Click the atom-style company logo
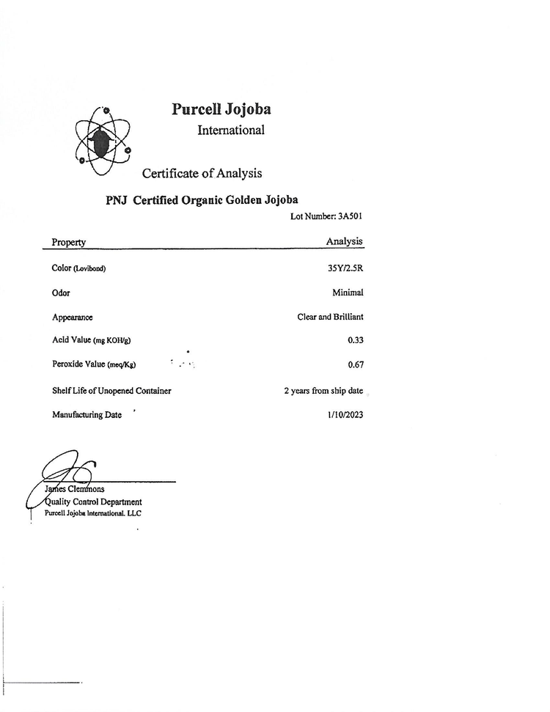tap(103, 141)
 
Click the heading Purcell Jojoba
tap(221, 109)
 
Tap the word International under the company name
tap(230, 131)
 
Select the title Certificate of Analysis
tap(202, 174)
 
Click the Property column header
tap(69, 242)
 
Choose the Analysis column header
tap(344, 241)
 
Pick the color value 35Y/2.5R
tap(345, 268)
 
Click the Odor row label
tap(61, 293)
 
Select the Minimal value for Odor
tap(348, 293)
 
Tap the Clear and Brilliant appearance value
tap(330, 317)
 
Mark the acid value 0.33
tap(356, 340)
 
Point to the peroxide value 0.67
tap(356, 364)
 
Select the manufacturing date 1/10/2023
tap(345, 415)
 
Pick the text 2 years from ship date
tap(323, 391)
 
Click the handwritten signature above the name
tap(66, 469)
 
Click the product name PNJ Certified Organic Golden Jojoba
tap(202, 199)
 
